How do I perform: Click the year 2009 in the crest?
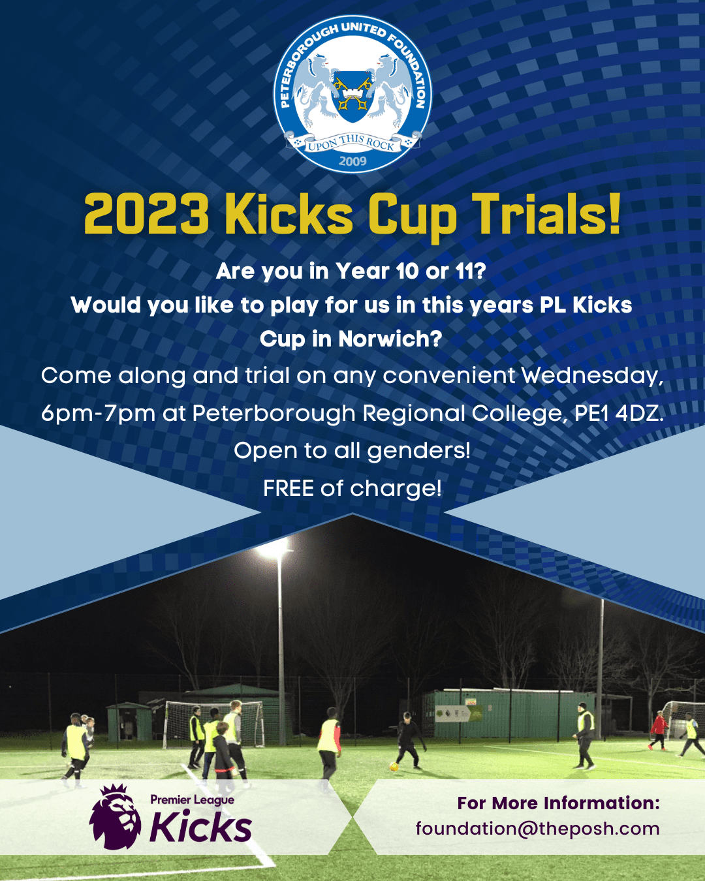click(352, 161)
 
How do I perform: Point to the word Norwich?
click(390, 339)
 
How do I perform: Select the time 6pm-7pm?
click(98, 413)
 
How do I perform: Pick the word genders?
click(418, 450)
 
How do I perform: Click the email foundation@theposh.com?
click(537, 829)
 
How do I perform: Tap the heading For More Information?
click(558, 803)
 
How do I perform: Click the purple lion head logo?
click(115, 816)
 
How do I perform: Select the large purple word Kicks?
click(200, 827)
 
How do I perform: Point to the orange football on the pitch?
click(394, 765)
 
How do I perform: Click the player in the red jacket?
click(659, 730)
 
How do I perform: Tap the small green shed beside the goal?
click(129, 722)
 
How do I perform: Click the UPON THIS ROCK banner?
click(352, 142)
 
